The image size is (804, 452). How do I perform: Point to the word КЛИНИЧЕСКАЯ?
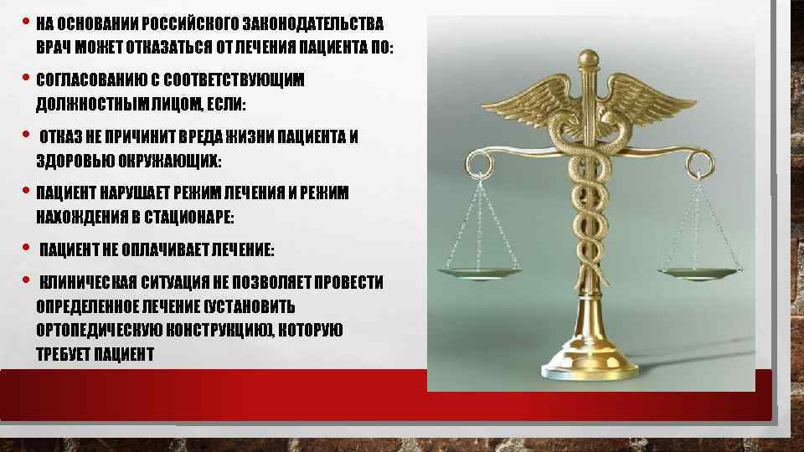point(90,282)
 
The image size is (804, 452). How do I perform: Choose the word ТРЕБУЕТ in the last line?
point(65,354)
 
